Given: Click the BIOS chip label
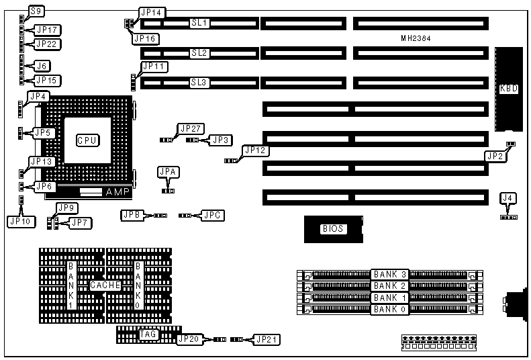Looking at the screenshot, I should click(333, 229).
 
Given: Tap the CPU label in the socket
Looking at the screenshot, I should click(87, 140).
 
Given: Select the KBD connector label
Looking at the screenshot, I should click(509, 89).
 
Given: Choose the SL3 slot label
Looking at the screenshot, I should click(200, 83).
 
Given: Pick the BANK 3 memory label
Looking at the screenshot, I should click(390, 275).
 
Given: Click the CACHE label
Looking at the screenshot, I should click(105, 285).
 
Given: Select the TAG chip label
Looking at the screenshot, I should click(148, 333).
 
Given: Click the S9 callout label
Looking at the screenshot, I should click(37, 11).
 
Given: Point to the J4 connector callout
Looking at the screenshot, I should click(509, 197).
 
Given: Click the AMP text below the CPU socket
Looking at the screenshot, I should click(118, 192).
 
